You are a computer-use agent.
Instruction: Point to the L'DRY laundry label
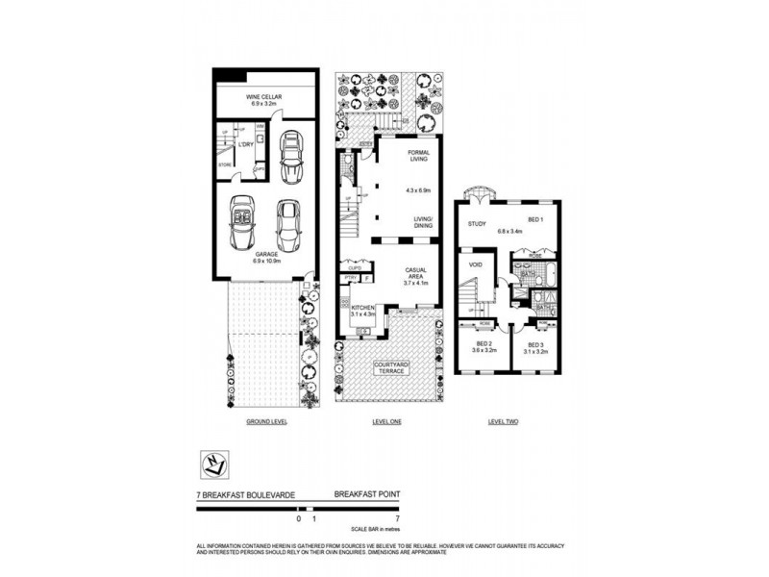click(244, 145)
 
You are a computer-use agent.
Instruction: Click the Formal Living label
click(419, 157)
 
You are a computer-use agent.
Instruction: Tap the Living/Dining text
click(423, 223)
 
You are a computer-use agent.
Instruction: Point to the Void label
click(475, 263)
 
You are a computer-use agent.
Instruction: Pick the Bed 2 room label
click(485, 348)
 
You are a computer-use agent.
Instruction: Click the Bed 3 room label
click(534, 348)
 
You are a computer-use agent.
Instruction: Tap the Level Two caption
click(504, 421)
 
